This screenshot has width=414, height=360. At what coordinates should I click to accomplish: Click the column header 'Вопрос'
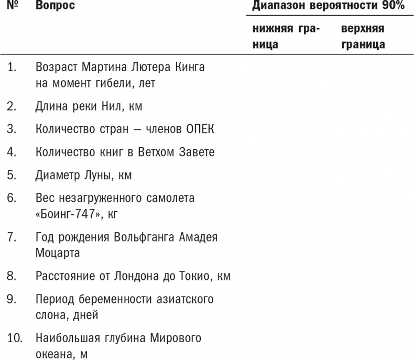(55, 6)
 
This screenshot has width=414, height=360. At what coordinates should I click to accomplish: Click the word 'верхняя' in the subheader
(362, 29)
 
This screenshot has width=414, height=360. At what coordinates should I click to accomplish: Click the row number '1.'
(12, 67)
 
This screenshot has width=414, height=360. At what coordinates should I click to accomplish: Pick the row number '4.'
(12, 152)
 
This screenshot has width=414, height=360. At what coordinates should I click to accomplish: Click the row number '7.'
(12, 237)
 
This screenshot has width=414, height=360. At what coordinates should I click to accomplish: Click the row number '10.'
(14, 337)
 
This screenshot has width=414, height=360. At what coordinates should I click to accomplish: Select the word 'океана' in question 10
(53, 353)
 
